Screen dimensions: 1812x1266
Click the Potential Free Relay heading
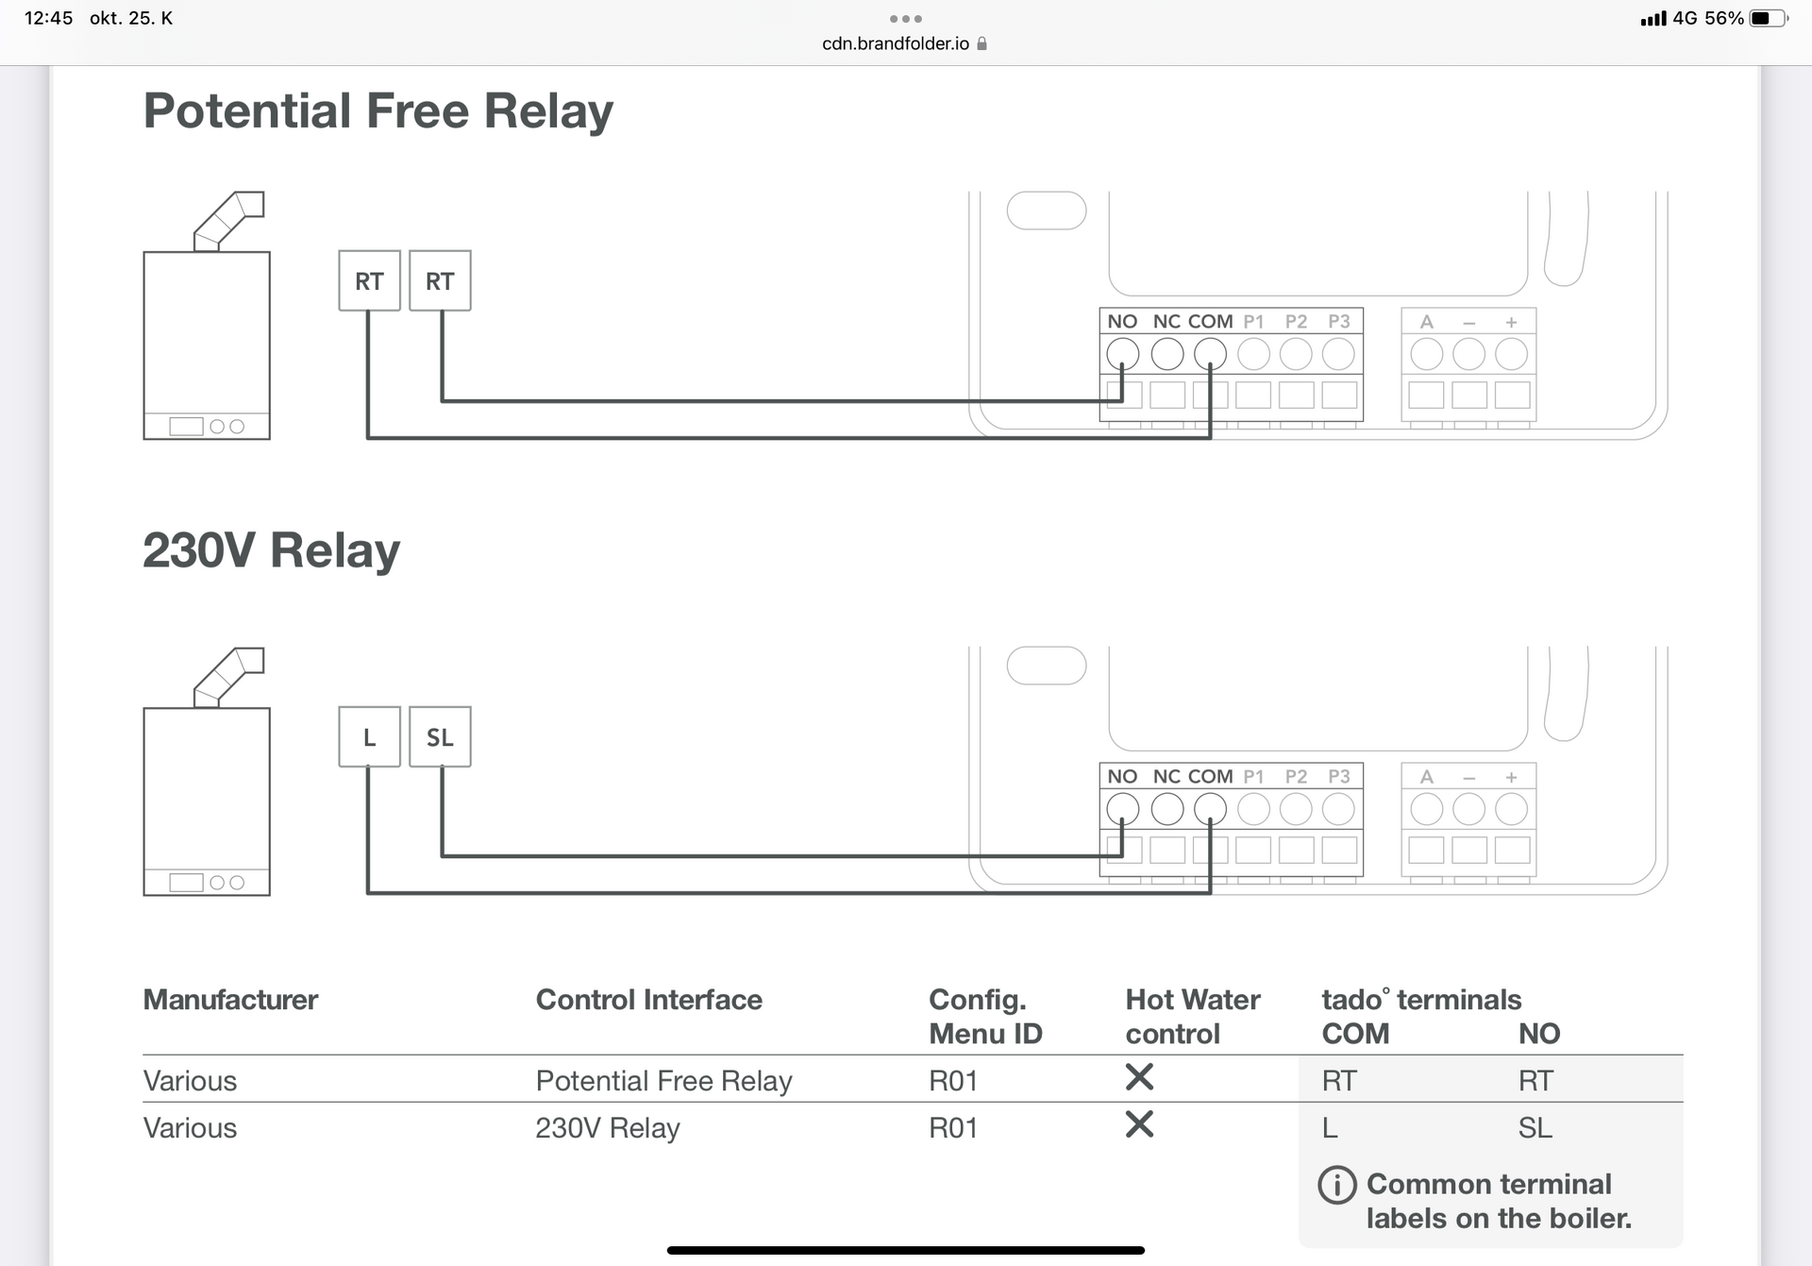click(377, 111)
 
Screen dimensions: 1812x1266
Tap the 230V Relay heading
click(272, 550)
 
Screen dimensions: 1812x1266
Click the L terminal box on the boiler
click(369, 736)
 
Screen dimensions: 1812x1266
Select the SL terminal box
click(440, 736)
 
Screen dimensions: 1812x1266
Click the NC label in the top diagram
click(1166, 322)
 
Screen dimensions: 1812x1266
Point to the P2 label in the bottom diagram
click(1296, 777)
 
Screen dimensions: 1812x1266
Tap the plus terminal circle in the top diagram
click(1512, 354)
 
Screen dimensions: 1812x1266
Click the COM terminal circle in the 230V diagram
click(1210, 809)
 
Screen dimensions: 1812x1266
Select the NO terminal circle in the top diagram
click(1122, 354)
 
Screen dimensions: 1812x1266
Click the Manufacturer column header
click(230, 1000)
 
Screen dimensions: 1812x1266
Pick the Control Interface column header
click(648, 1000)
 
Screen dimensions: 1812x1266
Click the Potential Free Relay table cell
click(663, 1081)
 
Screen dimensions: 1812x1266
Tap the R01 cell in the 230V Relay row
click(953, 1128)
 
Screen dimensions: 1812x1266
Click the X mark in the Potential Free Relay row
click(1139, 1077)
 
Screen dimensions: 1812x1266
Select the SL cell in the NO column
click(1535, 1128)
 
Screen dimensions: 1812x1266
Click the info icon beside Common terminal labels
click(1337, 1185)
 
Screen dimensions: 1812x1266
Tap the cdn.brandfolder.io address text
click(896, 43)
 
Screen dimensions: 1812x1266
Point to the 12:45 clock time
click(48, 18)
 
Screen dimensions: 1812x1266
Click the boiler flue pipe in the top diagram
click(229, 221)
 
